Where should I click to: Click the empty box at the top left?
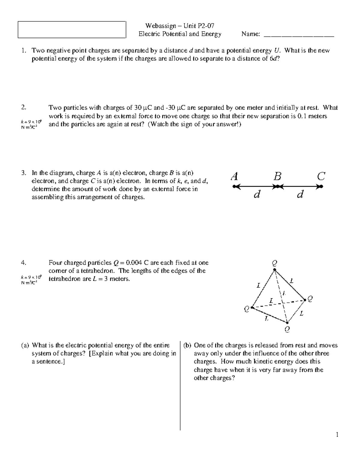tap(72, 30)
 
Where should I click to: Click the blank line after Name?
tap(298, 35)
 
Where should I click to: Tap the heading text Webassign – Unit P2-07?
tap(179, 26)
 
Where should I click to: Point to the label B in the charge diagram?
tap(277, 176)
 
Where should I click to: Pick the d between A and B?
tap(256, 195)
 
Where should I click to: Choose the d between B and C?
tap(300, 195)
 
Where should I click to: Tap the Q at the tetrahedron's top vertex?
tap(274, 263)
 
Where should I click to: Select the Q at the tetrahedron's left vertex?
tap(247, 309)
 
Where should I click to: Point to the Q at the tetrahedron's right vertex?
tap(310, 299)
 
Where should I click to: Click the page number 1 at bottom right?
tap(337, 434)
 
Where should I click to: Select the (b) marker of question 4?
tap(187, 345)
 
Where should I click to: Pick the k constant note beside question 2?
tap(29, 124)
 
